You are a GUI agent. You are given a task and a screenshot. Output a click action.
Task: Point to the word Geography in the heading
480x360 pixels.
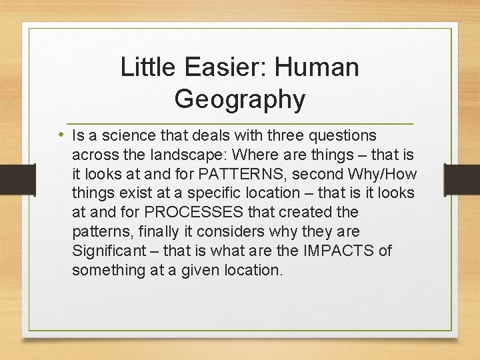click(240, 99)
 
